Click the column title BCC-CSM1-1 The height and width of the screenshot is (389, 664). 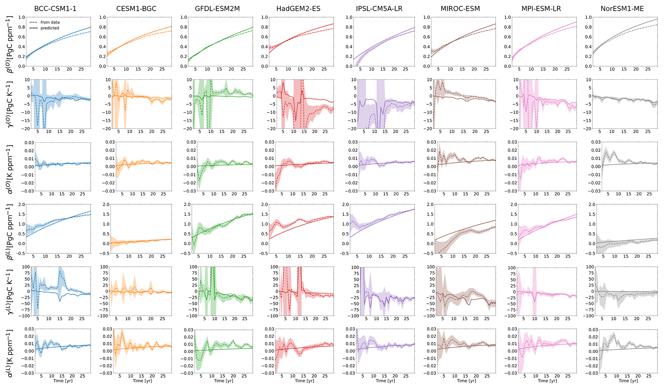(55, 9)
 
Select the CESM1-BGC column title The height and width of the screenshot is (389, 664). (136, 9)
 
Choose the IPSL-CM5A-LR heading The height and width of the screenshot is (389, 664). (379, 9)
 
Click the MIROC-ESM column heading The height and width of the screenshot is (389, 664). (460, 9)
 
